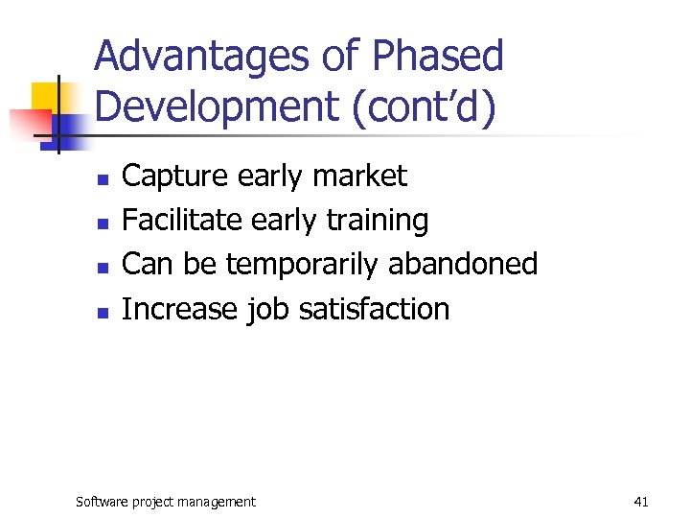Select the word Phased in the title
pos(438,58)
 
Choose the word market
pos(360,177)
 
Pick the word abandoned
pos(463,264)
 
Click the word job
pos(261,310)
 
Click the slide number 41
pos(641,501)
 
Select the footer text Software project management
pos(166,501)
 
